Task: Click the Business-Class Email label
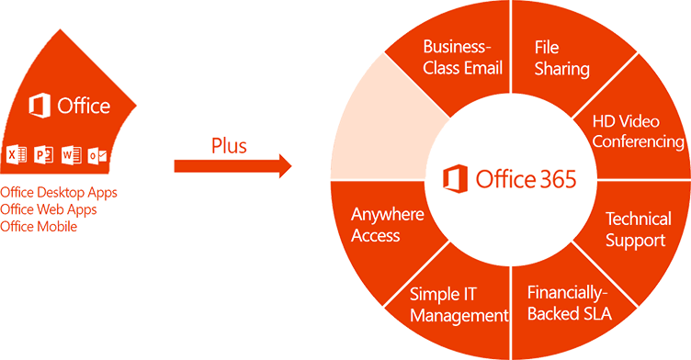[460, 57]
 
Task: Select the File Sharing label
[561, 57]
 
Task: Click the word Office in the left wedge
[85, 107]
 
